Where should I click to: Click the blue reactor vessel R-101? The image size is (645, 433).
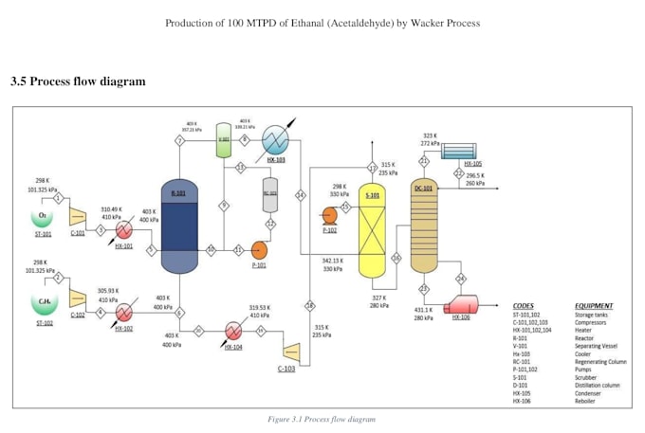(x=179, y=225)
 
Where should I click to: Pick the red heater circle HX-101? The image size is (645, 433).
(x=124, y=230)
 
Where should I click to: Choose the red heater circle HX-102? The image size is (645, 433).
(x=124, y=314)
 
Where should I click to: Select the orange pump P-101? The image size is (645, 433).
(x=258, y=250)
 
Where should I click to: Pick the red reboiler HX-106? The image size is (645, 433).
(x=461, y=305)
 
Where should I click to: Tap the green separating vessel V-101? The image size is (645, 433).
(x=224, y=138)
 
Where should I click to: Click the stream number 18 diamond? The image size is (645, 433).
(x=309, y=305)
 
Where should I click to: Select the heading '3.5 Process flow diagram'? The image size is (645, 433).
(x=78, y=81)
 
